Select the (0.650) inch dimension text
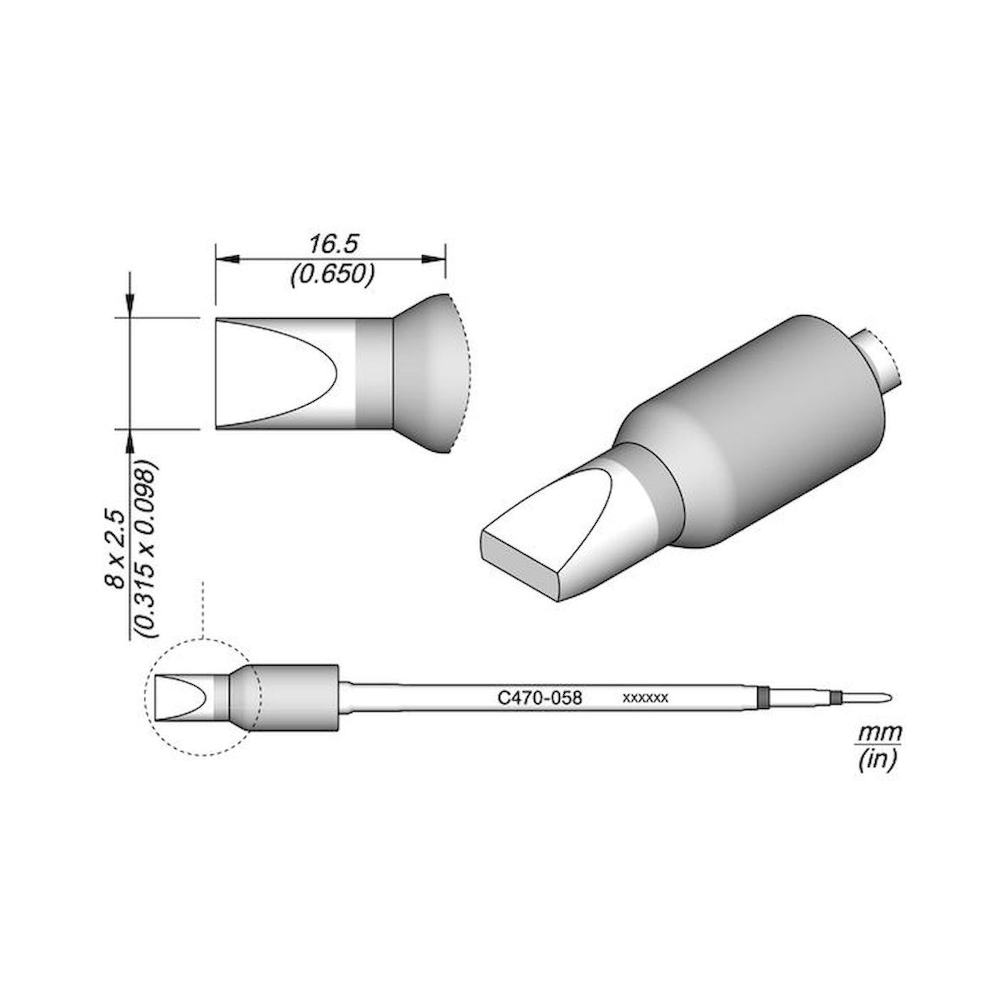332,275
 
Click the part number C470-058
539,697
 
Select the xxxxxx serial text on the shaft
645,698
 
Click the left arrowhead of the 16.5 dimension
227,259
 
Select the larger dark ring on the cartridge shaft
764,697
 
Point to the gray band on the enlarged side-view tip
374,373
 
